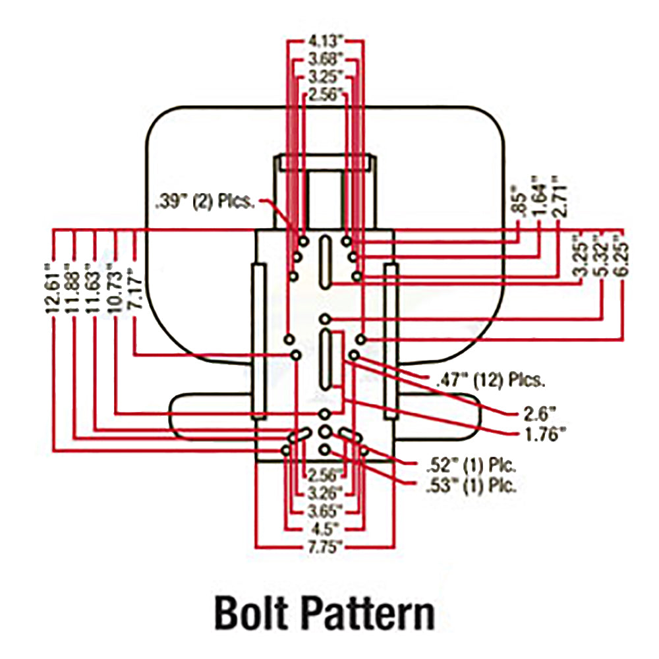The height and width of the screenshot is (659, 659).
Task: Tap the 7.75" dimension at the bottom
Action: click(x=324, y=546)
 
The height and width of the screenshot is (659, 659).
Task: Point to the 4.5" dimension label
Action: click(x=324, y=528)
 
